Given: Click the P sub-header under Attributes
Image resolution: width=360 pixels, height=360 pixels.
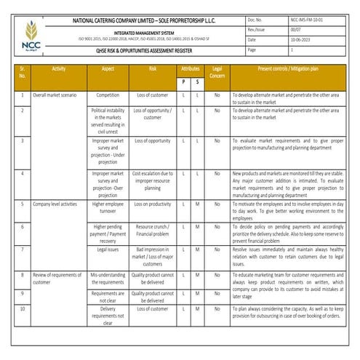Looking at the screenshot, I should pos(183,82).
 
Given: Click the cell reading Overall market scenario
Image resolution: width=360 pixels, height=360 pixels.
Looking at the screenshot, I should pos(57,95).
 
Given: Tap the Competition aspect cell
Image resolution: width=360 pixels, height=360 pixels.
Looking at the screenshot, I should pos(108,95).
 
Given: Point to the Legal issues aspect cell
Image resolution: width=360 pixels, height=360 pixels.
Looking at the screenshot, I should pos(108,249).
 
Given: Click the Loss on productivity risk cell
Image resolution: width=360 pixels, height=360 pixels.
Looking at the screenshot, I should pos(153,204).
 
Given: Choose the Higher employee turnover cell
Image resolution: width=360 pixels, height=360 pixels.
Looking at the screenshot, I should pos(108,208).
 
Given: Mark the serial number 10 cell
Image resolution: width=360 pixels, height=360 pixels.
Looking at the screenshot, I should pos(23,308).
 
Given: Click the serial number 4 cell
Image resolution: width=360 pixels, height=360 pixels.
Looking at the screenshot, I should pos(23,174).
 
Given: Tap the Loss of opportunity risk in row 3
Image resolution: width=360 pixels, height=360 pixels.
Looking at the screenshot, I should pos(153,140).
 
